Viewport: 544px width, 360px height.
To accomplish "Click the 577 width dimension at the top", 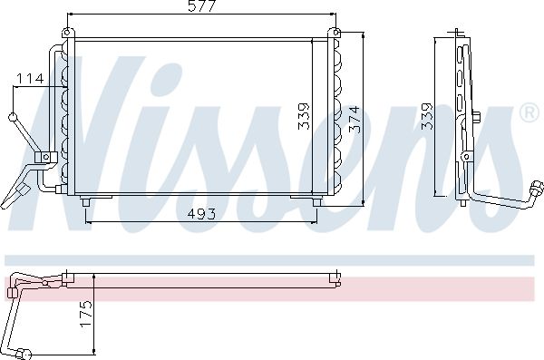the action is coord(202,6).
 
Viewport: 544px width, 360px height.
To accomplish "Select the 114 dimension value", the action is coord(31,79).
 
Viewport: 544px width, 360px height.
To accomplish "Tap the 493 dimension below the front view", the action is coord(201,214).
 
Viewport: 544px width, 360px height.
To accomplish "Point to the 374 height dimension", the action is coord(355,120).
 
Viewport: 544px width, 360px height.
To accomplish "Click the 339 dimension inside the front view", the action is coord(304,116).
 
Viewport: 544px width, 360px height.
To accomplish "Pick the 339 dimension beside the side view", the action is coord(427,116).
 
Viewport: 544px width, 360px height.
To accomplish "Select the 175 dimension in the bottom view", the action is coord(86,314).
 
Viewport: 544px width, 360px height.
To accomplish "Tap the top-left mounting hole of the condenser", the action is coord(67,33).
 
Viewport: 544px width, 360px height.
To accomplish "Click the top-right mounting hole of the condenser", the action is coord(335,33).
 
